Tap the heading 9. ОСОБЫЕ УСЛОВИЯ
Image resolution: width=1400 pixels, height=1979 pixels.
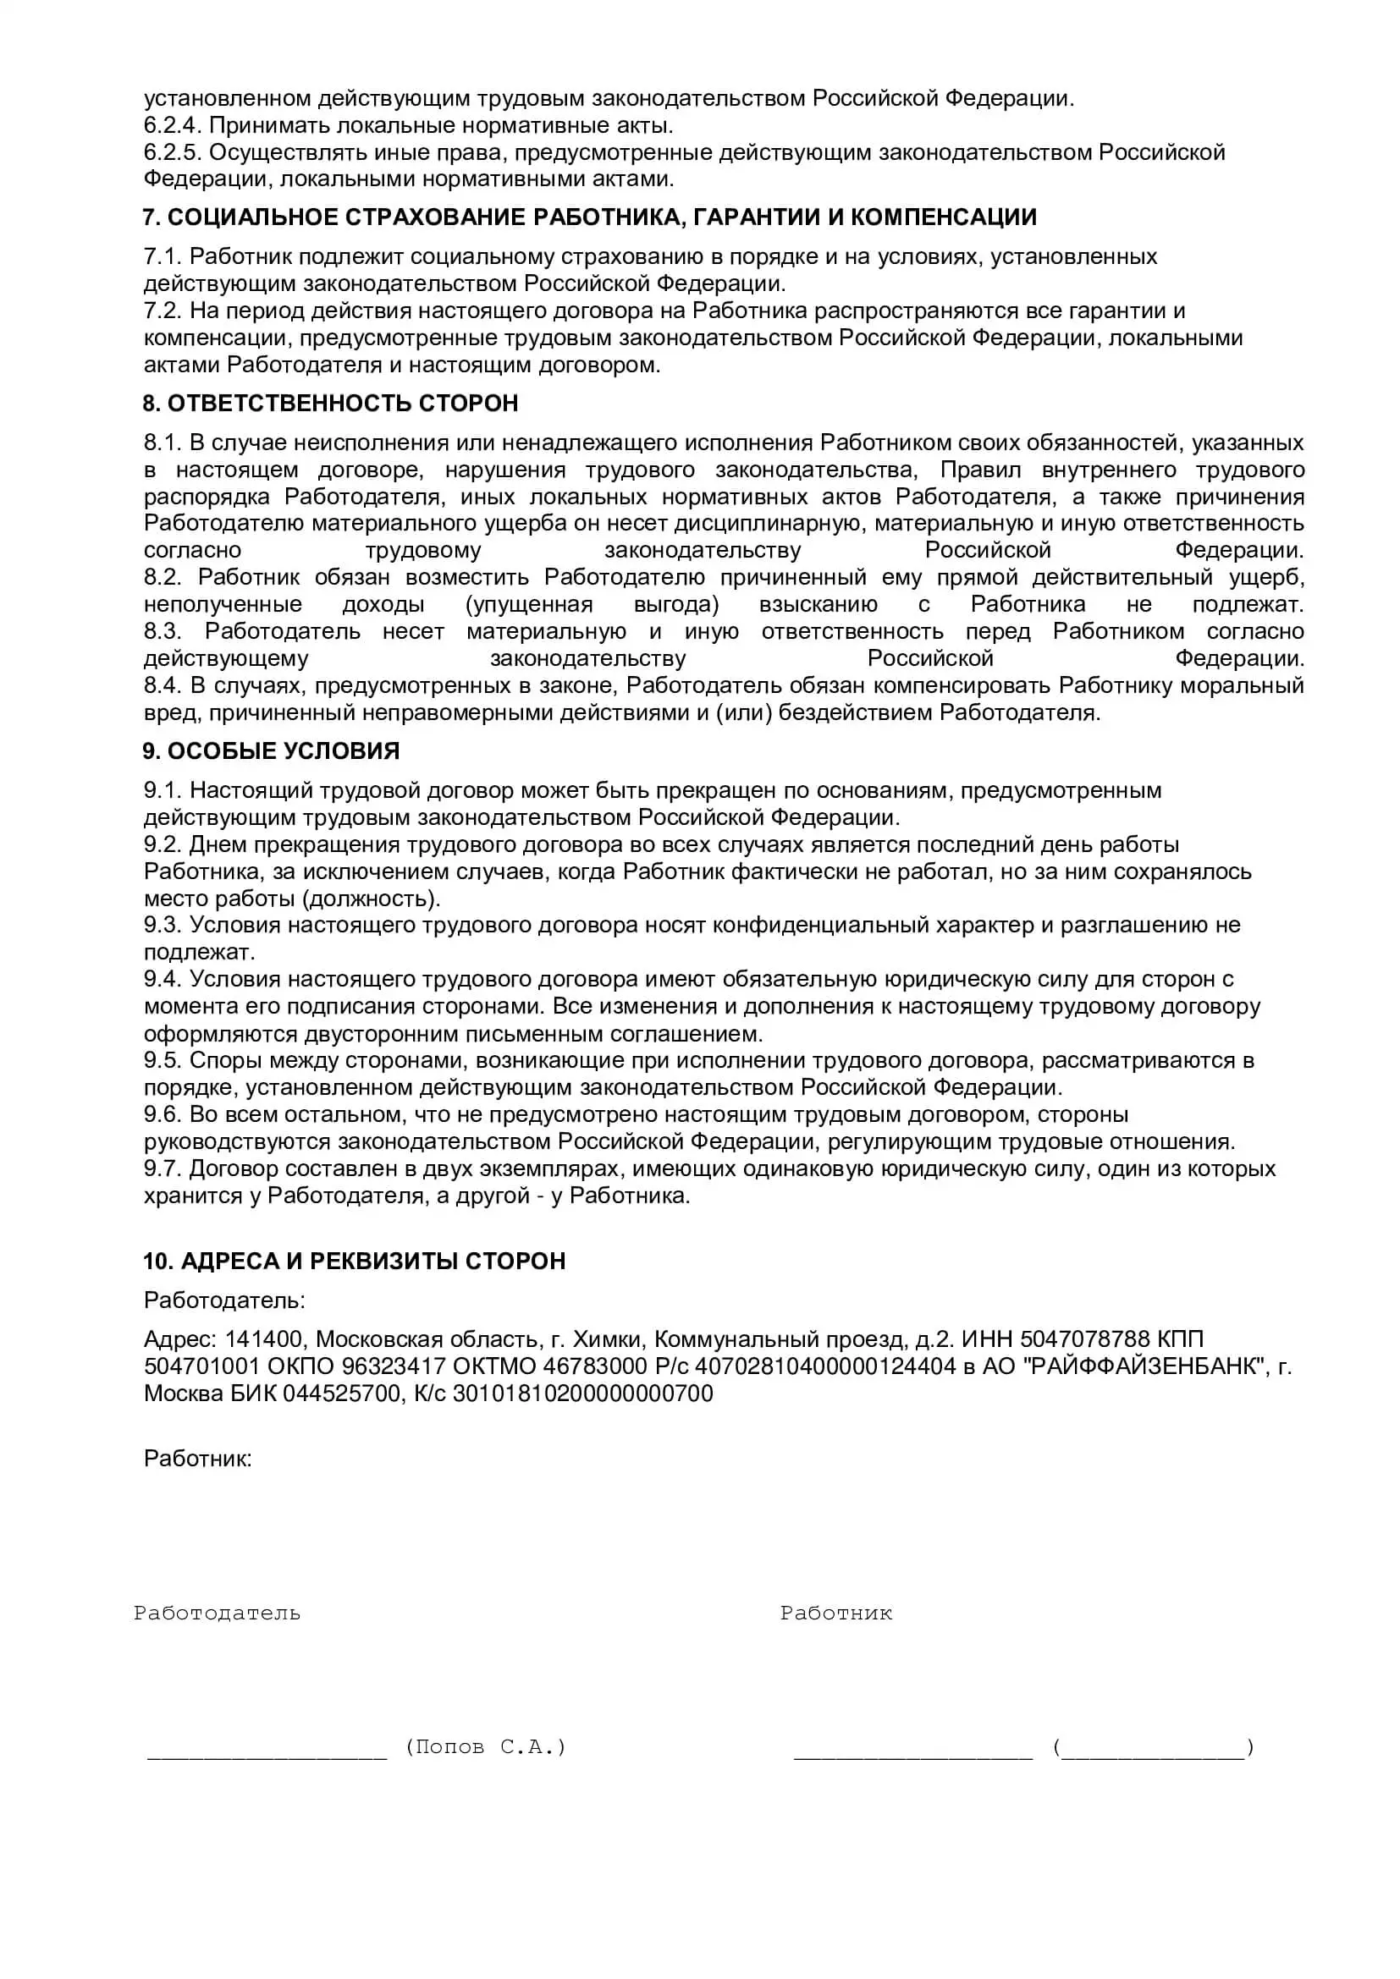tap(271, 750)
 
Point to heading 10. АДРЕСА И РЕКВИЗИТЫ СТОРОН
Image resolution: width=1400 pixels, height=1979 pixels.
tap(354, 1261)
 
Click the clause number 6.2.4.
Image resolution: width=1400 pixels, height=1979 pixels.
tap(173, 126)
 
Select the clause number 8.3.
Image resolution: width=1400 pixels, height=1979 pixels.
tap(162, 632)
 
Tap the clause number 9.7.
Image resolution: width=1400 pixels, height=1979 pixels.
tap(162, 1168)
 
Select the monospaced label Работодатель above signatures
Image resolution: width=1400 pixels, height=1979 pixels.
tap(217, 1613)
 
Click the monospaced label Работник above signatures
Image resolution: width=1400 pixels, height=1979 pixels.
tap(835, 1613)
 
